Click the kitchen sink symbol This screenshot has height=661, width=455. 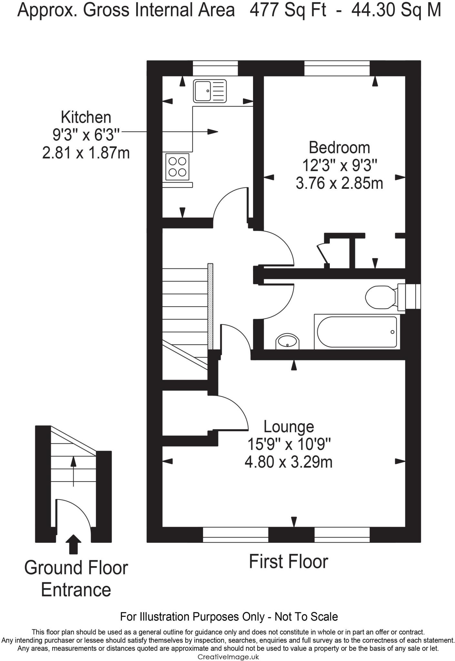(210, 91)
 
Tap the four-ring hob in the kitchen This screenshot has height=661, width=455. (177, 167)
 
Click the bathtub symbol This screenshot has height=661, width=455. (357, 332)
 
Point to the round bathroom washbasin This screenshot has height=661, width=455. (288, 341)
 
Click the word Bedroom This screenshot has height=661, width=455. (339, 148)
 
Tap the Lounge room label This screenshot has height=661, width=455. (288, 427)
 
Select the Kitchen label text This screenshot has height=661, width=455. (86, 117)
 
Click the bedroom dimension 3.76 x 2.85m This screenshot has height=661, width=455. (339, 184)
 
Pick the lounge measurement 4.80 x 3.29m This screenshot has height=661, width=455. (288, 462)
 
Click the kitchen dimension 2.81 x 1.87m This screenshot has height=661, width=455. (86, 153)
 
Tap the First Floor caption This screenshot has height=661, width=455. (288, 562)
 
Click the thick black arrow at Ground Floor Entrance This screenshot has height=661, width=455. (74, 544)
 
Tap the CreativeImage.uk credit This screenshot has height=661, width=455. (228, 657)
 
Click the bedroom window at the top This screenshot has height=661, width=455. (337, 68)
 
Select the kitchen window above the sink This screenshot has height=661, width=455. (215, 68)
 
